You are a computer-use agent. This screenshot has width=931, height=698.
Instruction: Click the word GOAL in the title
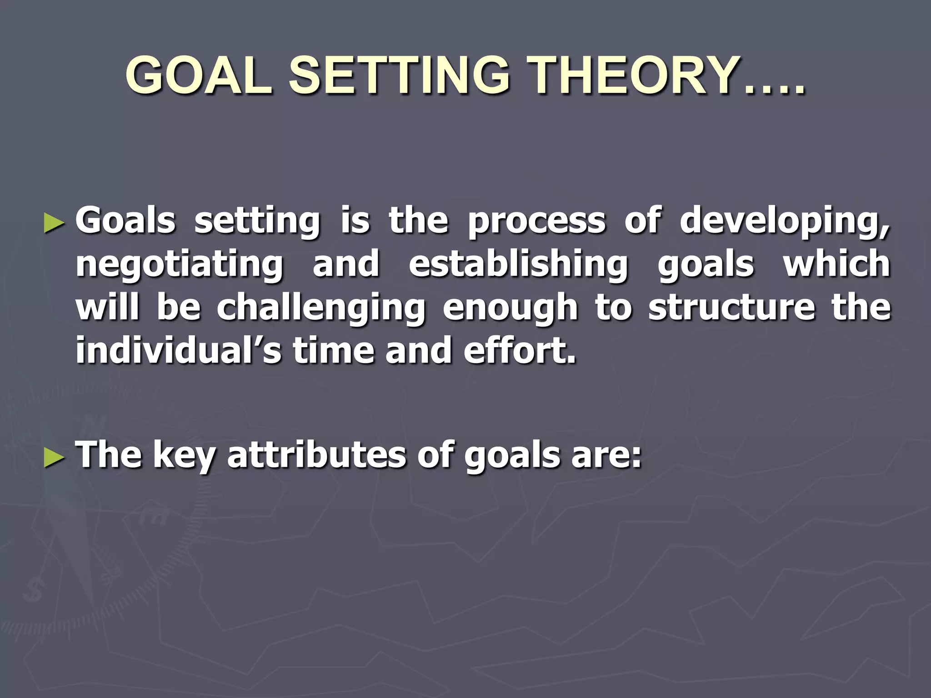pyautogui.click(x=199, y=75)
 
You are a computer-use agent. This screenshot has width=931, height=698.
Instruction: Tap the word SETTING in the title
pyautogui.click(x=399, y=75)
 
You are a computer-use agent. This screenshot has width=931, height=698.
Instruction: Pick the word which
pyautogui.click(x=836, y=264)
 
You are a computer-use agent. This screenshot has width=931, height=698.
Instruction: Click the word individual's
pyautogui.click(x=179, y=350)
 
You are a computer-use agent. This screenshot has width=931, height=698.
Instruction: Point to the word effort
pyautogui.click(x=519, y=350)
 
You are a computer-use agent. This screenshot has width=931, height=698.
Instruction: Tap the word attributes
pyautogui.click(x=316, y=455)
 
